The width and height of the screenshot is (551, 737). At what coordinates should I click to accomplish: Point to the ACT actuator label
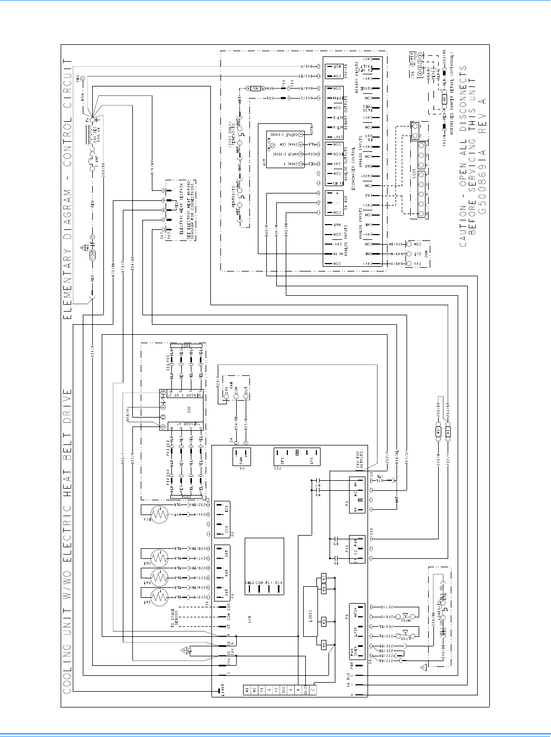(265, 162)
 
